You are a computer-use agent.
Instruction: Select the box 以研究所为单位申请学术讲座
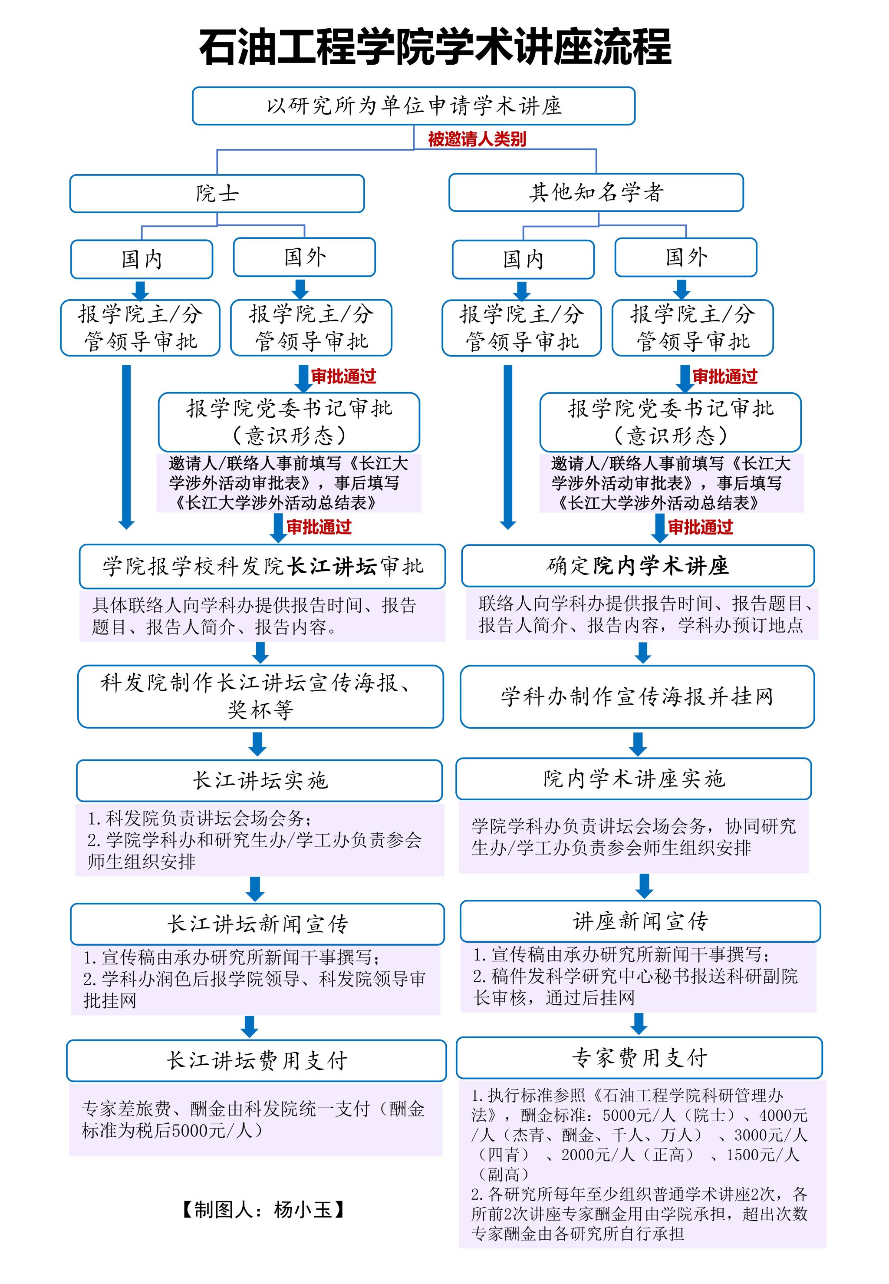[x=413, y=106]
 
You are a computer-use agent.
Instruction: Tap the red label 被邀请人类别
[x=477, y=139]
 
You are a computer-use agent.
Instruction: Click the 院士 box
[x=217, y=194]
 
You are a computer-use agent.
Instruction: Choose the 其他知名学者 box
[x=596, y=193]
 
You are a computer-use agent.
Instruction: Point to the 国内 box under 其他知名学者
[x=523, y=260]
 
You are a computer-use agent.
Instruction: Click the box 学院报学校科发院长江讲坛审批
[x=262, y=567]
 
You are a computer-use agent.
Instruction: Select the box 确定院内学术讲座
[x=638, y=566]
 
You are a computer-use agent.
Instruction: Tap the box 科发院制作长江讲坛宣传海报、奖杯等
[x=261, y=696]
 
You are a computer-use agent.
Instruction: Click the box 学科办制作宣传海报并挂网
[x=637, y=696]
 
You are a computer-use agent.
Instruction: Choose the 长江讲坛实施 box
[x=260, y=780]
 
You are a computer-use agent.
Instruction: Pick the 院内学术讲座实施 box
[x=634, y=779]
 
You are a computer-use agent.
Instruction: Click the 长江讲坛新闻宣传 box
[x=257, y=924]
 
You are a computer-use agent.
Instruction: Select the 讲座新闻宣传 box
[x=640, y=921]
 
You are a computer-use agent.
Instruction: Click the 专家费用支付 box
[x=639, y=1058]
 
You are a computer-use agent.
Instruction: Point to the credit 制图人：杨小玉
[x=263, y=1209]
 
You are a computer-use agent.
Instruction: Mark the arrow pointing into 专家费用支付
[x=639, y=1023]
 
